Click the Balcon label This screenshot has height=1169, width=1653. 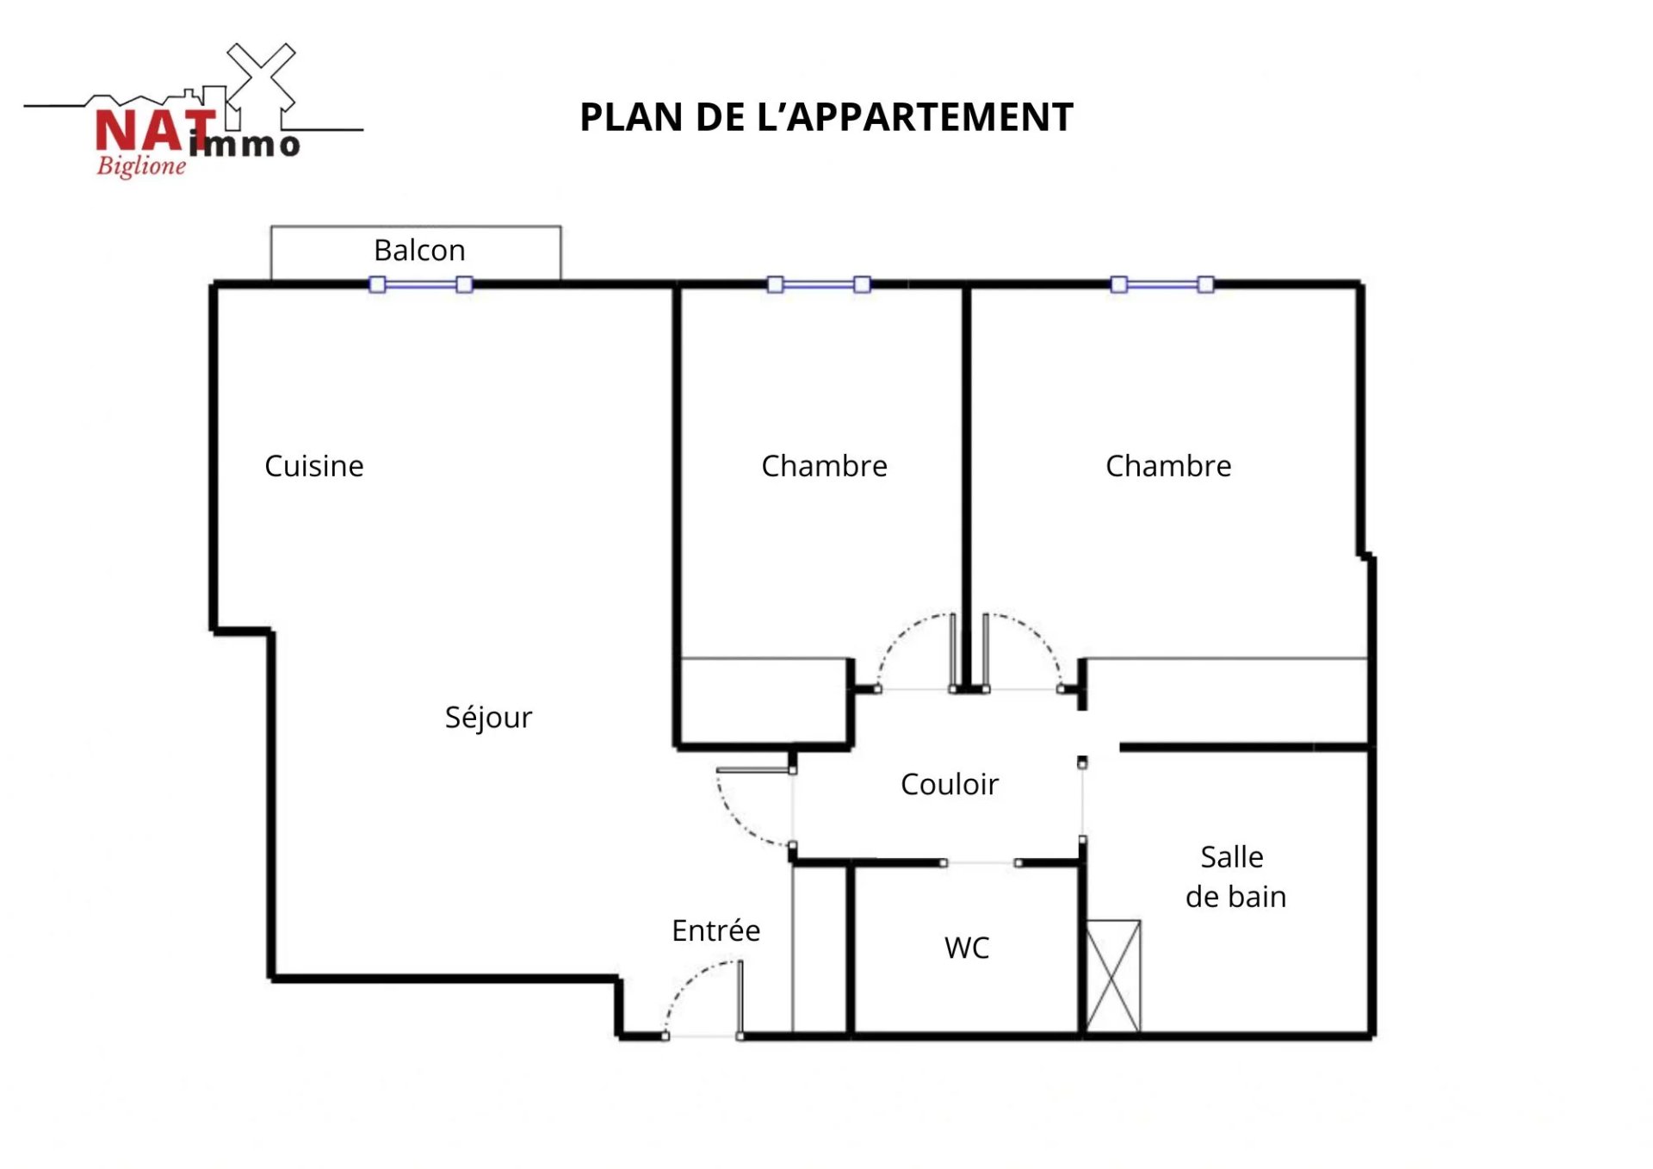click(419, 251)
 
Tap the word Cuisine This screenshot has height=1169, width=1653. click(314, 466)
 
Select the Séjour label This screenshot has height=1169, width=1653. click(488, 717)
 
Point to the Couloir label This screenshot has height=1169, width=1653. click(950, 784)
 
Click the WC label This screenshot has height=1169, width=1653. click(967, 948)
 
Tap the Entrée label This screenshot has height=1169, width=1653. click(716, 930)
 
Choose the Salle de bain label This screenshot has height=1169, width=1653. click(1235, 877)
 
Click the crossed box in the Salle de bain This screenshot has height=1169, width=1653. click(1113, 976)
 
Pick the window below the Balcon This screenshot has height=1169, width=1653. click(421, 284)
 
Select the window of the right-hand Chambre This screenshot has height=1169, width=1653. click(1162, 284)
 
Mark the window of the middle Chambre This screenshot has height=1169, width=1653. click(819, 284)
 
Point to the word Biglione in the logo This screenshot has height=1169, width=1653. click(141, 165)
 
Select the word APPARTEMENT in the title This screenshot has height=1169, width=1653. click(931, 117)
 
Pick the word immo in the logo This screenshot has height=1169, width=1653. click(245, 144)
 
